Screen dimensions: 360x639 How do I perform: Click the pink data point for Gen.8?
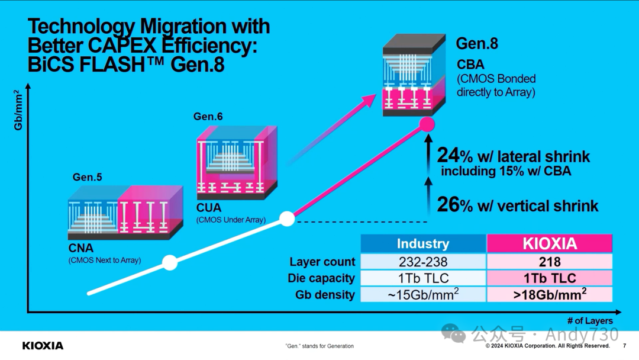[x=427, y=124]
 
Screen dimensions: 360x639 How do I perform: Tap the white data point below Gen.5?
[x=170, y=262]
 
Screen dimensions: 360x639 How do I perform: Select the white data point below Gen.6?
[x=287, y=218]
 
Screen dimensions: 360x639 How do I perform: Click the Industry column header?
[x=423, y=244]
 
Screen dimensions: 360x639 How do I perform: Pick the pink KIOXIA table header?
[x=550, y=244]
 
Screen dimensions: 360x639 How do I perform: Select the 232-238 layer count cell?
[x=423, y=262]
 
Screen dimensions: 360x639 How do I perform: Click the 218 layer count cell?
[x=550, y=262]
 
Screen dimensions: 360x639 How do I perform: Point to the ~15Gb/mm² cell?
[x=423, y=294]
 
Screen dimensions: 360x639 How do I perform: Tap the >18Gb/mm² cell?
[x=550, y=294]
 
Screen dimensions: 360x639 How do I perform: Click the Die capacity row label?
[x=322, y=278]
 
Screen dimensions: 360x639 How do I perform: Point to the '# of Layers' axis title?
[x=590, y=321]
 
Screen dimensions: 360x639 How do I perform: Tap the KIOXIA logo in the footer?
[x=43, y=345]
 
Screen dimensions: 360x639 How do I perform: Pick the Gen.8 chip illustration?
[x=414, y=75]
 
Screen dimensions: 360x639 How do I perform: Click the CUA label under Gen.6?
[x=209, y=208]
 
